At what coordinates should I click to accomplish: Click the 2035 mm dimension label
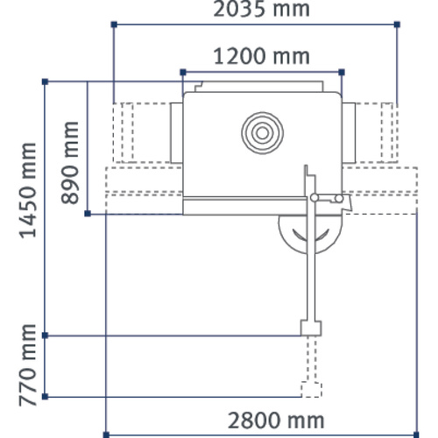(x=256, y=11)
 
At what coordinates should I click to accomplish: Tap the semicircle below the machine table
(x=308, y=232)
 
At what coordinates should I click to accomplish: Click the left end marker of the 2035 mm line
(x=114, y=25)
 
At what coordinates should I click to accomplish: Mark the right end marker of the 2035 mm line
(x=398, y=25)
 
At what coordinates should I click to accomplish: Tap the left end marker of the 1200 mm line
(x=181, y=71)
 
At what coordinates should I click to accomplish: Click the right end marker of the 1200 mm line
(x=342, y=71)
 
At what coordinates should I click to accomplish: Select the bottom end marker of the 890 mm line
(x=88, y=214)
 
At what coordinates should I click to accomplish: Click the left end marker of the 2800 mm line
(x=105, y=432)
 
